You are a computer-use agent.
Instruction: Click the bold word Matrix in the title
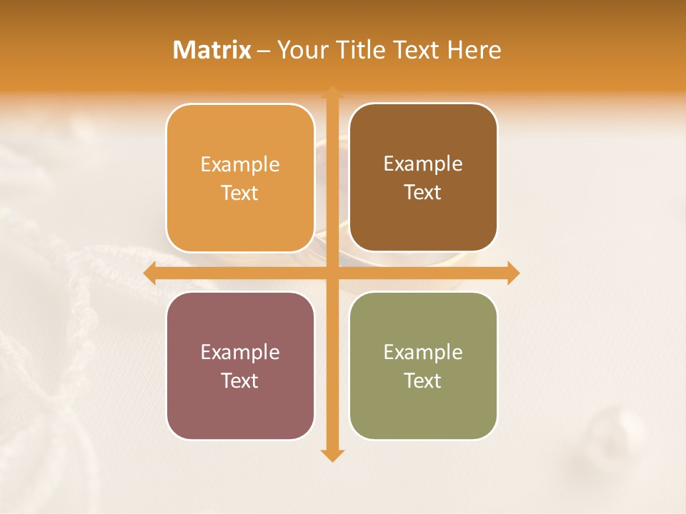(212, 50)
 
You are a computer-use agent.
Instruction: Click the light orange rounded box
(240, 178)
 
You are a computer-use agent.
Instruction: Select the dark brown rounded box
(423, 178)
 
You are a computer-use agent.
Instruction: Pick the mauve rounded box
(240, 366)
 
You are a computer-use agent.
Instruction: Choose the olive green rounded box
(423, 366)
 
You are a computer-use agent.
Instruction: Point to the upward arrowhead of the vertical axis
(332, 93)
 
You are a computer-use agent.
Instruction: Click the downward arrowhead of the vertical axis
(332, 455)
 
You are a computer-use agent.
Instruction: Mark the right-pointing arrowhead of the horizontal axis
(512, 273)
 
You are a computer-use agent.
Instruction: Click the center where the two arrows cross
(332, 273)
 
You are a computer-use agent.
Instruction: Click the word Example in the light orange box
(240, 165)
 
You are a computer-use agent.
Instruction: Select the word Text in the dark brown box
(423, 193)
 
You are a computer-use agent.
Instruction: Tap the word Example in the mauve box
(240, 352)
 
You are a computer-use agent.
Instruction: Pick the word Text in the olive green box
(423, 381)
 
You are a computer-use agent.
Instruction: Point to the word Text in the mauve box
(240, 381)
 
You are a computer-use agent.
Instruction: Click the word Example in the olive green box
(423, 352)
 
